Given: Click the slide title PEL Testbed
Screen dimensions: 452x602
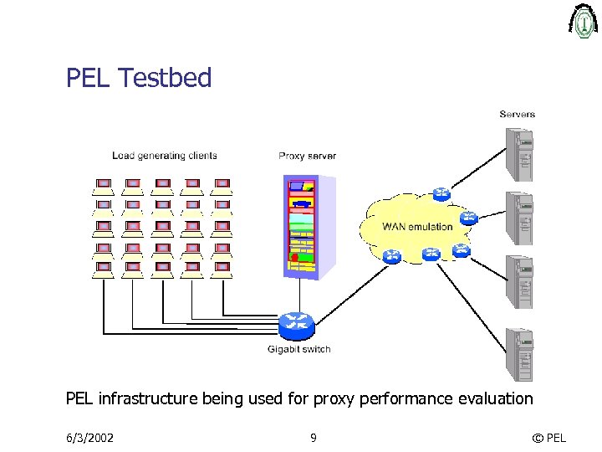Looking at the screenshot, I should click(x=139, y=78).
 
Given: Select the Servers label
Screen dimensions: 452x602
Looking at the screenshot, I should click(x=517, y=114).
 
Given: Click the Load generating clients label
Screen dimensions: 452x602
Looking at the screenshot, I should click(x=165, y=155).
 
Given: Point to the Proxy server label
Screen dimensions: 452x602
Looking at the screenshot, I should click(x=307, y=156).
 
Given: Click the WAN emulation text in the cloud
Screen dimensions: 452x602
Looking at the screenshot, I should click(x=417, y=226).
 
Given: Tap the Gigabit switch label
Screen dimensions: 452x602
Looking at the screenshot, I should click(x=298, y=349).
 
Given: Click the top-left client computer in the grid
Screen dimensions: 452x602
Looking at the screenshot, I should click(x=104, y=183).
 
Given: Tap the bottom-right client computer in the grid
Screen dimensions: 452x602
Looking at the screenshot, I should click(x=222, y=269).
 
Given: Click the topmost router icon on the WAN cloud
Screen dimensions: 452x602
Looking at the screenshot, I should click(x=441, y=194).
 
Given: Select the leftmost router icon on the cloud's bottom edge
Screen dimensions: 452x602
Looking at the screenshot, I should click(x=390, y=256).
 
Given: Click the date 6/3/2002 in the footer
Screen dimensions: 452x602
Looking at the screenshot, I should click(x=90, y=437).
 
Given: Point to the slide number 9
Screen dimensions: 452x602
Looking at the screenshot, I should click(x=313, y=437).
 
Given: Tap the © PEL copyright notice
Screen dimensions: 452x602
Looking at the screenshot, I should click(x=548, y=437).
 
